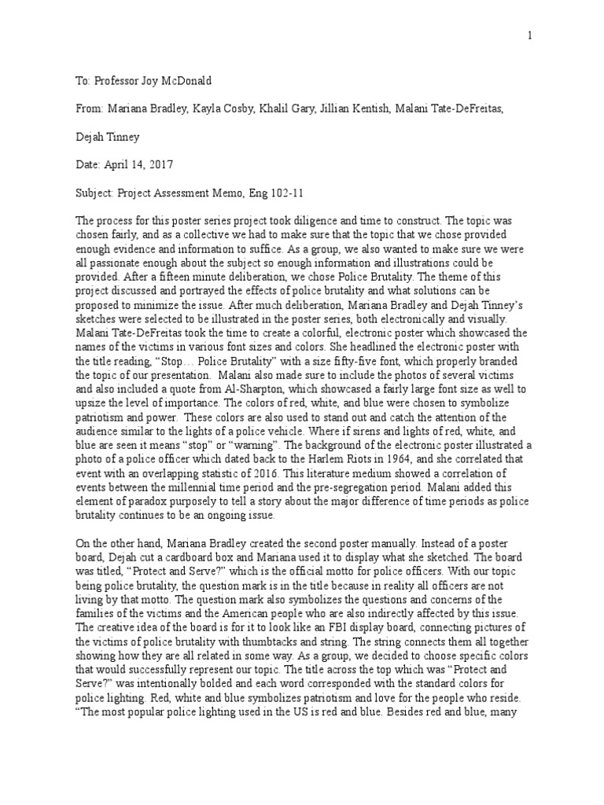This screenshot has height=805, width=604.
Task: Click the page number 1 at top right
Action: point(530,35)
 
